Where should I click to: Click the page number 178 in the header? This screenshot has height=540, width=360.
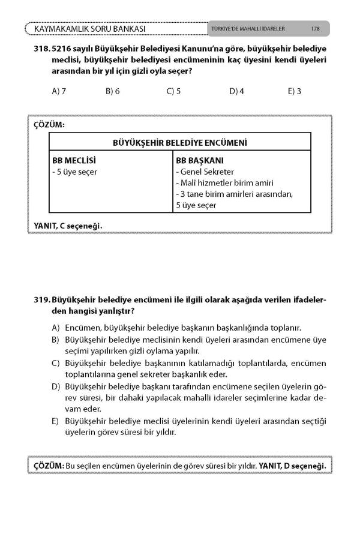coord(315,28)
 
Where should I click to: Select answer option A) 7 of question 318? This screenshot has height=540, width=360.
coord(59,91)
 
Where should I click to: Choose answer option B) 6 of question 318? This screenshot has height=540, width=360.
coord(113,91)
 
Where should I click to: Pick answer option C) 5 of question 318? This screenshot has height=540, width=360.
coord(173,91)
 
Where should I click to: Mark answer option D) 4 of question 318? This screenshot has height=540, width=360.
coord(236,91)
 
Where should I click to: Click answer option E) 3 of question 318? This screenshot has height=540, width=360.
coord(294,91)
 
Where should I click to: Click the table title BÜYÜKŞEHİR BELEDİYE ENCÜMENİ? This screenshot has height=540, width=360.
coord(180,142)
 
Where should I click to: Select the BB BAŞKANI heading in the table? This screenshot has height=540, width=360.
coord(199,161)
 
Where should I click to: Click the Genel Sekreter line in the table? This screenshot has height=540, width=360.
coord(205,172)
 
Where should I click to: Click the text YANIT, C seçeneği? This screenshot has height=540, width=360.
coord(68,226)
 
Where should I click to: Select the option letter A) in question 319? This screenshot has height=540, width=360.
coord(56,328)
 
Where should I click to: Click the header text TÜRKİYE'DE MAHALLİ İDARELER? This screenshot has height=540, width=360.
coord(248,28)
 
